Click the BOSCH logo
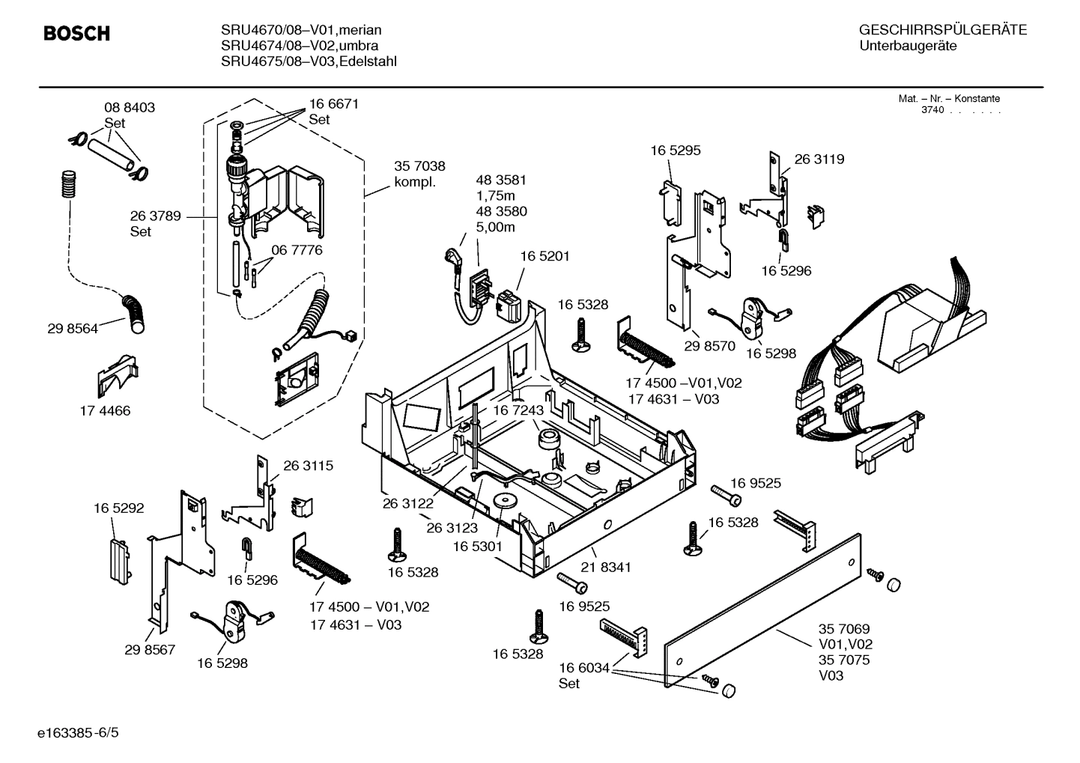(x=76, y=34)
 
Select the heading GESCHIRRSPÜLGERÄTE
(x=942, y=30)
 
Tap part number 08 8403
(x=130, y=108)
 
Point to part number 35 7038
(x=419, y=167)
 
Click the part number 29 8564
(x=73, y=328)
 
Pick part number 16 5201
(x=544, y=256)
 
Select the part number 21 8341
(x=606, y=568)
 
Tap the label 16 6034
(x=584, y=667)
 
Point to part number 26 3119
(x=819, y=159)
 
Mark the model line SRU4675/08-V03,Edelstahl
(x=309, y=61)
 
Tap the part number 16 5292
(x=118, y=508)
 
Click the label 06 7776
(x=297, y=250)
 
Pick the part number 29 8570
(x=709, y=346)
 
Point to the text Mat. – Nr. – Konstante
(x=949, y=99)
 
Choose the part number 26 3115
(x=308, y=466)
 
